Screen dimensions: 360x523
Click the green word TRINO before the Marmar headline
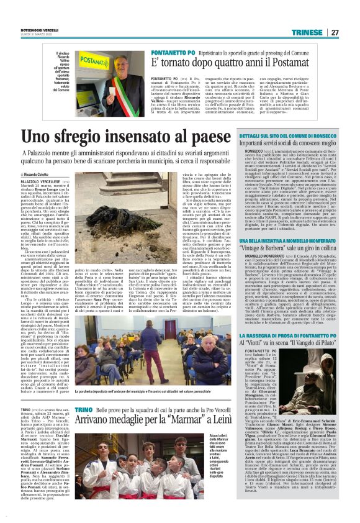(x=84, y=428)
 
